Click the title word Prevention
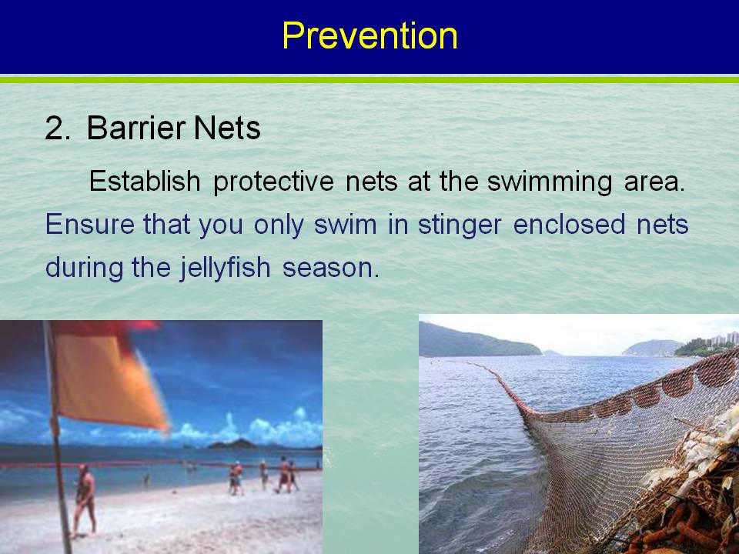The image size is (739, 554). pyautogui.click(x=370, y=36)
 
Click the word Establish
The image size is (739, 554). pyautogui.click(x=145, y=180)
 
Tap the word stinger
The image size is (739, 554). pyautogui.click(x=460, y=226)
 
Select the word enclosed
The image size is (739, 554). pyautogui.click(x=569, y=224)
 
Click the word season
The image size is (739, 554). pyautogui.click(x=330, y=269)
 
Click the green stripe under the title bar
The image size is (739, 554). pyautogui.click(x=369, y=80)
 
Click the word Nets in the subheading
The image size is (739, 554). pyautogui.click(x=226, y=128)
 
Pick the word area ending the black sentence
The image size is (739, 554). pyautogui.click(x=654, y=182)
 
